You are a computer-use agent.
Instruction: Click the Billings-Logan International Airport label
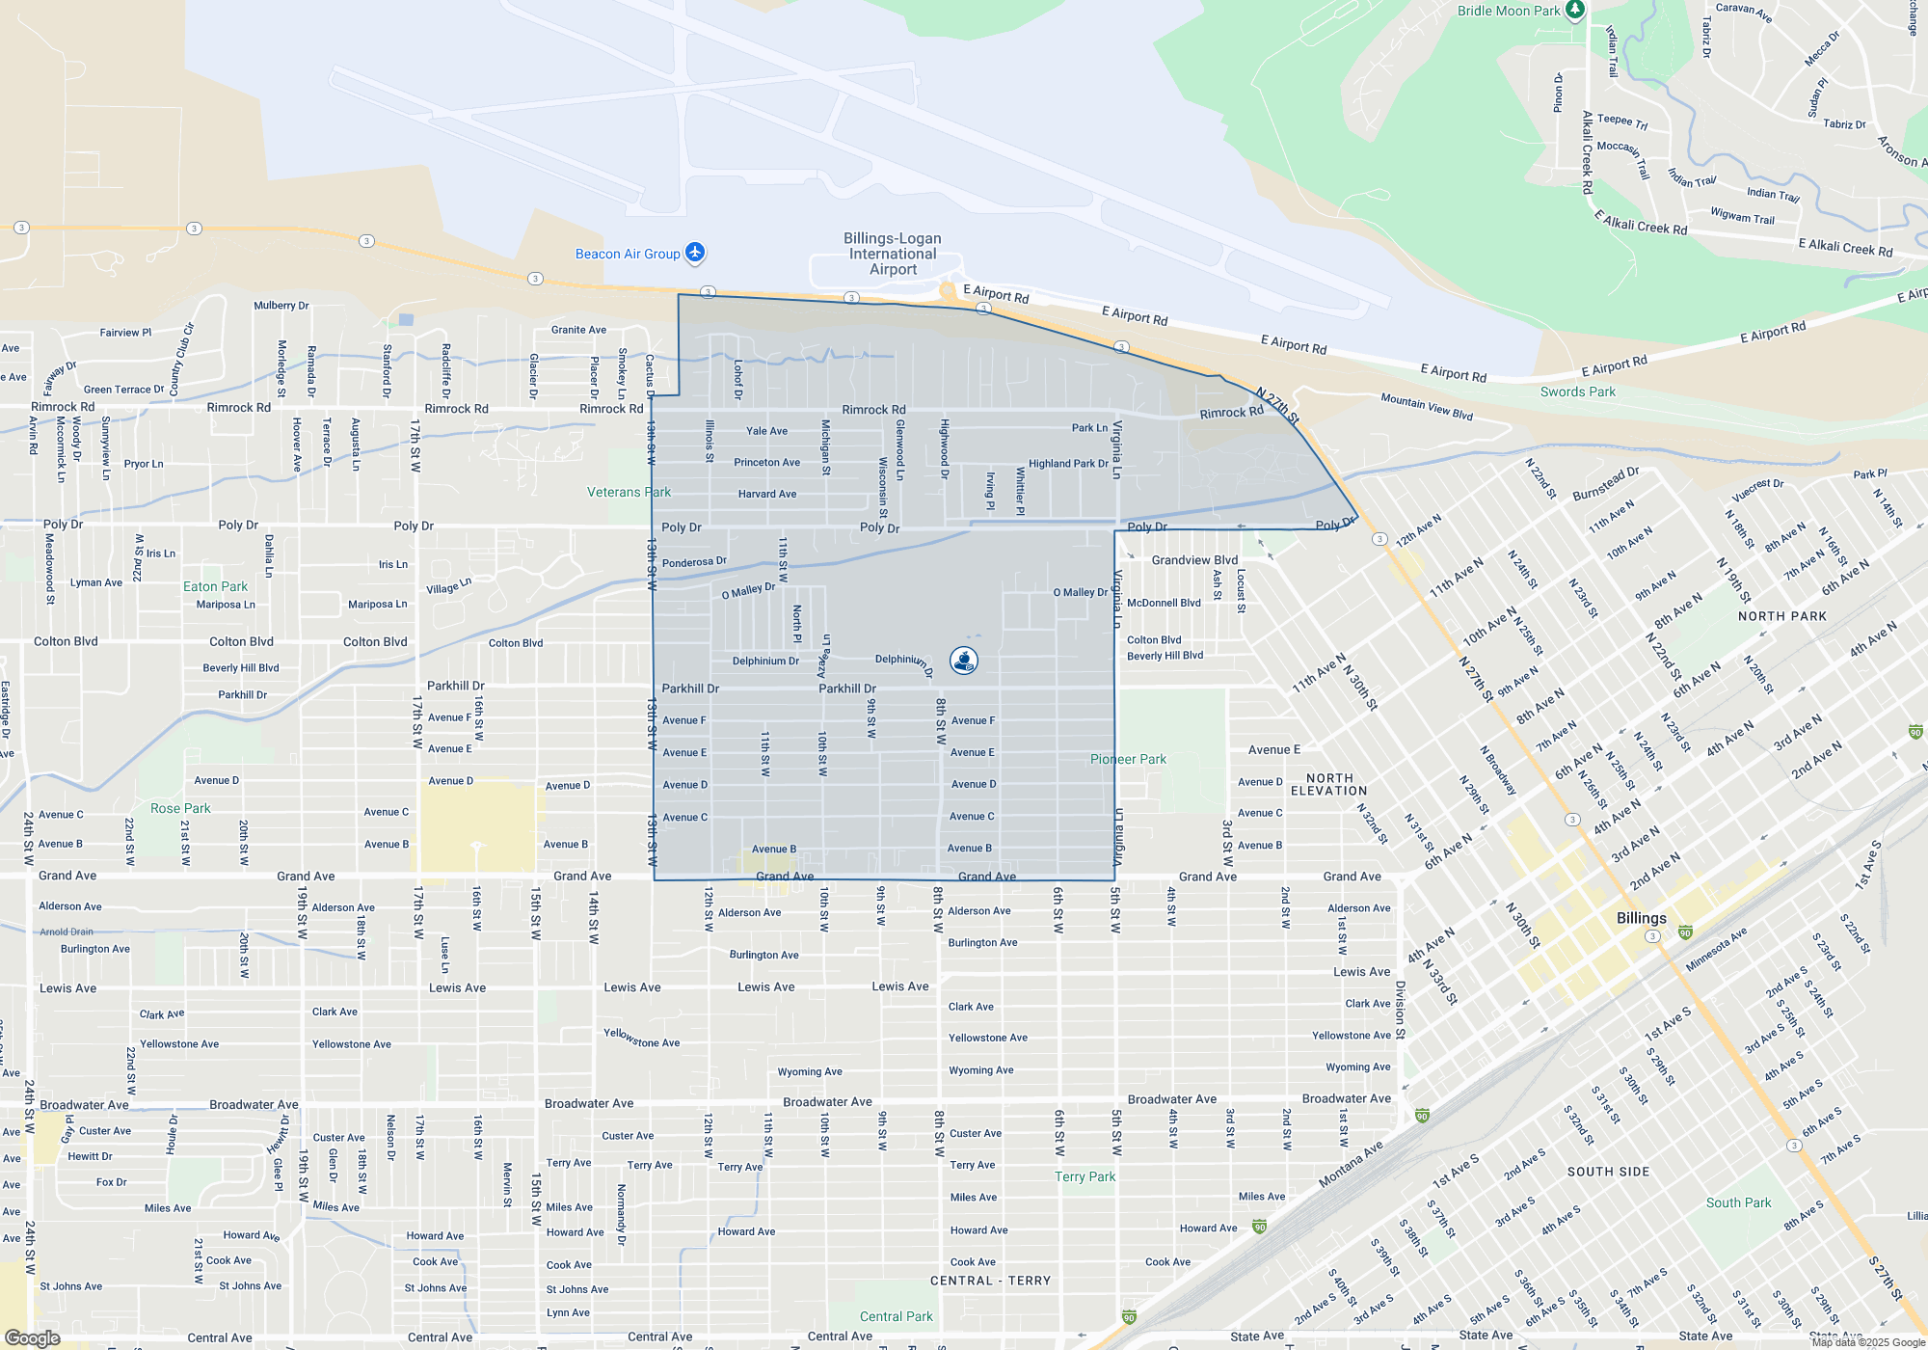click(893, 254)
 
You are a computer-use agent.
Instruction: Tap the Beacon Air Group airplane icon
click(695, 253)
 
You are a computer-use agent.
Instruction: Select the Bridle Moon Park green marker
click(1575, 10)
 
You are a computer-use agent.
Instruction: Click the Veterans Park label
click(629, 492)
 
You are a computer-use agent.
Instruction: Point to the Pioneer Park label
click(1128, 759)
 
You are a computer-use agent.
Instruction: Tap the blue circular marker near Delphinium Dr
click(964, 661)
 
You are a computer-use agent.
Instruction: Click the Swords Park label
click(1577, 391)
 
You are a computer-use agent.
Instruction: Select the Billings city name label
click(1641, 918)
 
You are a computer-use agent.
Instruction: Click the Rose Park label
click(180, 808)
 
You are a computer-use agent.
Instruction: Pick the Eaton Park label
click(215, 586)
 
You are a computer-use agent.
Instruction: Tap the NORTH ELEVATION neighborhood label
click(1328, 784)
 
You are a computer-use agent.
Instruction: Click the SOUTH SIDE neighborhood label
click(1608, 1172)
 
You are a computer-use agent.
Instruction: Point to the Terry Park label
click(1084, 1176)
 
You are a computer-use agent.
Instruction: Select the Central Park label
click(896, 1316)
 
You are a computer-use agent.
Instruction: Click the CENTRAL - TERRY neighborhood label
click(990, 1281)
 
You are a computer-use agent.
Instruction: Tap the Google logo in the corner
click(33, 1338)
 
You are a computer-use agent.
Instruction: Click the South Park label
click(1738, 1202)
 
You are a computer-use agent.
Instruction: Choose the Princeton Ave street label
click(766, 462)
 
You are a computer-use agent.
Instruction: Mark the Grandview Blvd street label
click(1194, 559)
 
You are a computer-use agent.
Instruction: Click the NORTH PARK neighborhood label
click(1781, 616)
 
